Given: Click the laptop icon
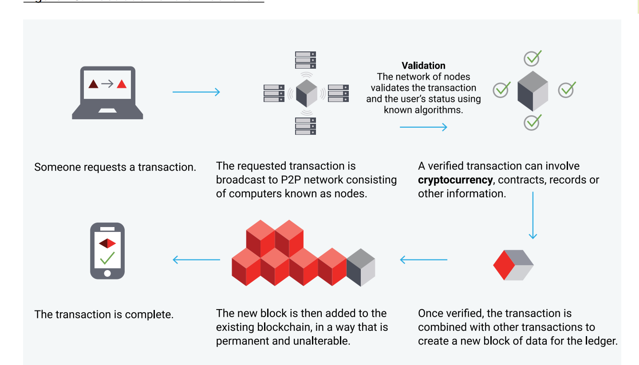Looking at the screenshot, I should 107,92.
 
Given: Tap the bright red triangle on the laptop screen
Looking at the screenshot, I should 122,84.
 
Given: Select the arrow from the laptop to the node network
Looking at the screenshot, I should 196,92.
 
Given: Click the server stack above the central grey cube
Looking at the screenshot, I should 306,60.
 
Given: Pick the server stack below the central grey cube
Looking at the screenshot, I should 306,126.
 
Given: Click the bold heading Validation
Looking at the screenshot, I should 423,66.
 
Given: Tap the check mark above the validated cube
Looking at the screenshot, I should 532,58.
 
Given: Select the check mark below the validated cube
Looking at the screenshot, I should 532,122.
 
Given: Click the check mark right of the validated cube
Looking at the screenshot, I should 567,90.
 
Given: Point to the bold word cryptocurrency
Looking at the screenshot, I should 455,180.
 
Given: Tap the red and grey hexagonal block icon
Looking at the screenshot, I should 513,265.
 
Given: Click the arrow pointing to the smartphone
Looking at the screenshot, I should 196,260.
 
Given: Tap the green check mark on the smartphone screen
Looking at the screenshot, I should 107,258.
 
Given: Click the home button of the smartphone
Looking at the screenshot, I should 107,273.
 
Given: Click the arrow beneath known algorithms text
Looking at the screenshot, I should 423,128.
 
